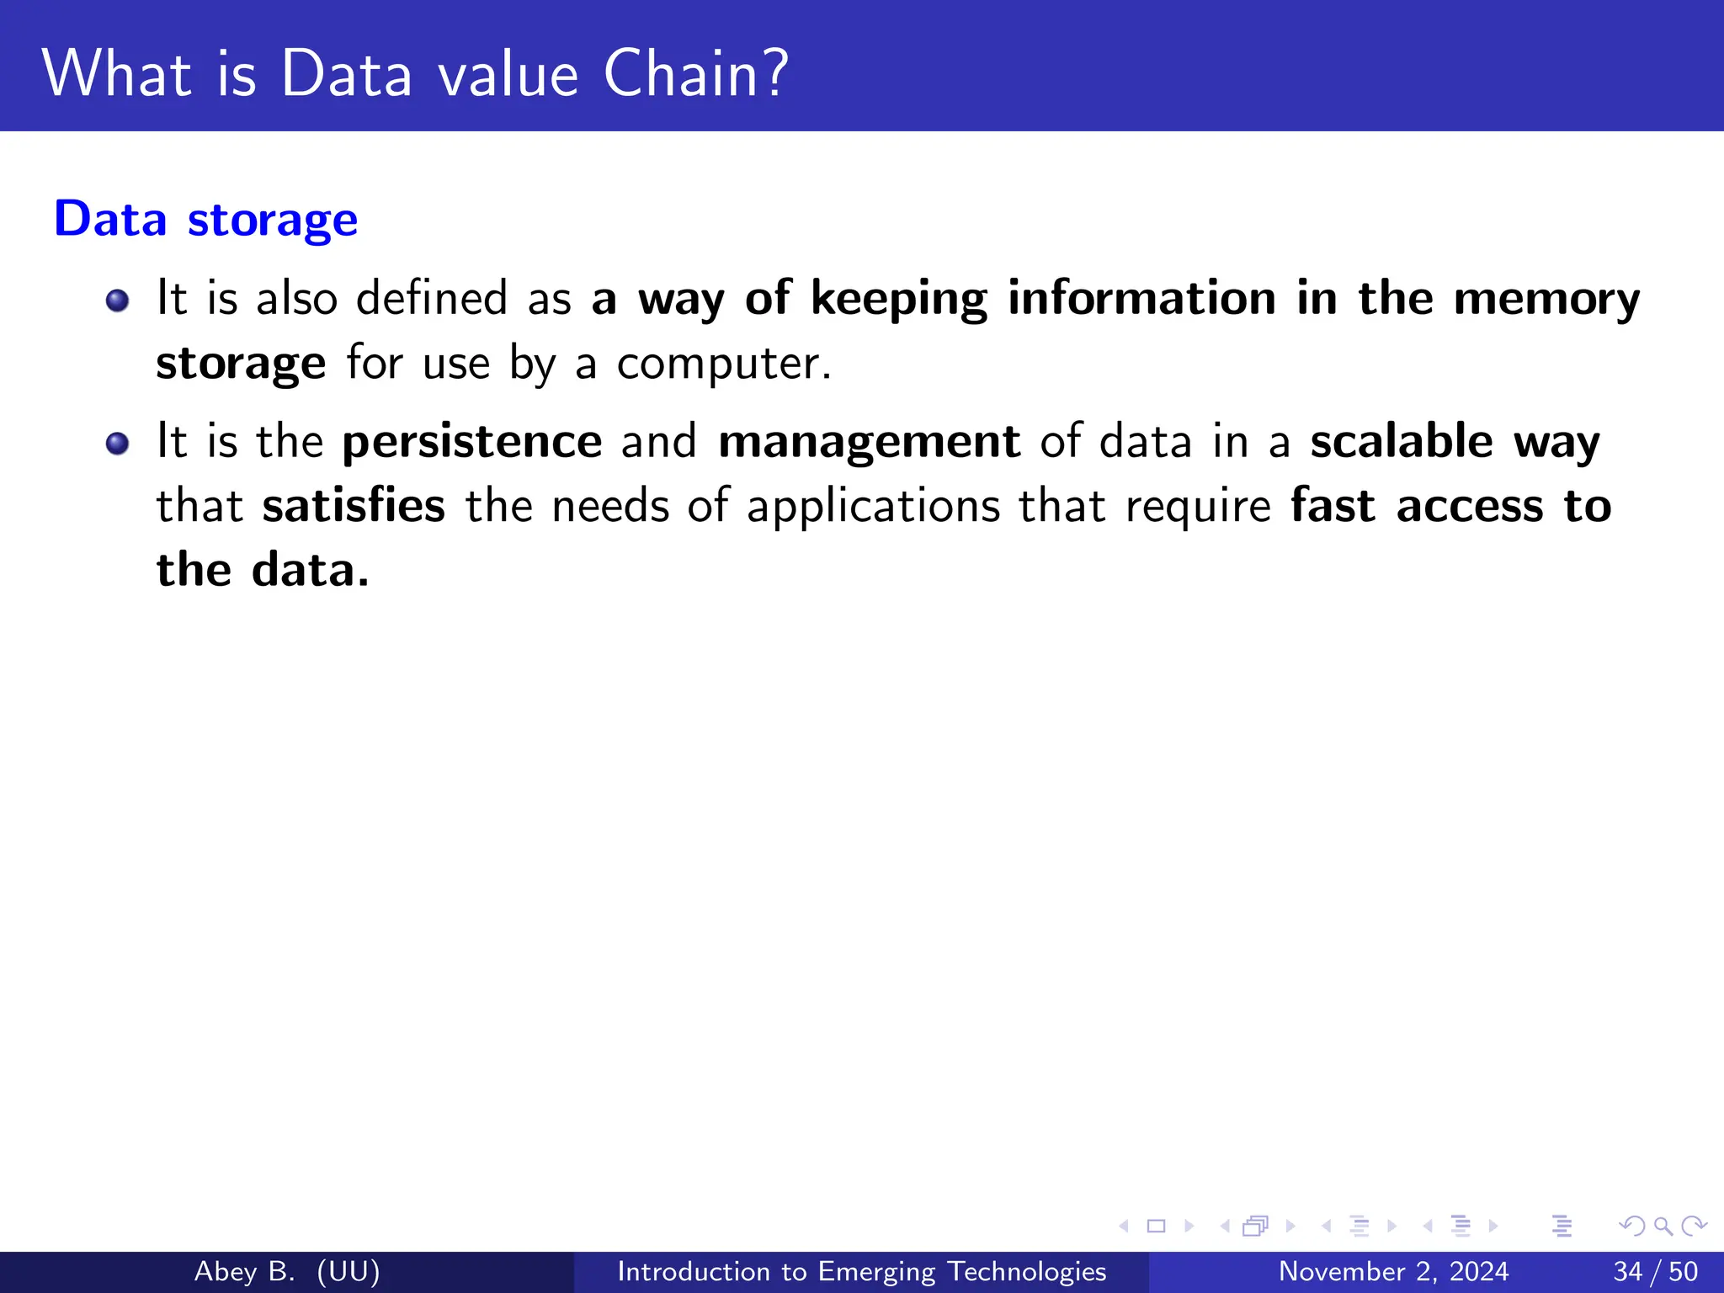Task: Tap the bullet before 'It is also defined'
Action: click(118, 301)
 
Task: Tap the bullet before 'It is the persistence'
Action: click(118, 444)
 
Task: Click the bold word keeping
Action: click(899, 299)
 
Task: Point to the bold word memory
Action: click(1546, 299)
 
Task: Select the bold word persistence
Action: click(472, 442)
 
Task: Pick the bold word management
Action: click(869, 442)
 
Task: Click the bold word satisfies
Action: click(354, 506)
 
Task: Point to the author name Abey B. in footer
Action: click(244, 1271)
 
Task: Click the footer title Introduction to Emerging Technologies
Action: click(861, 1271)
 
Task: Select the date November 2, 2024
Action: click(1393, 1271)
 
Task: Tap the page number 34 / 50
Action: click(1655, 1271)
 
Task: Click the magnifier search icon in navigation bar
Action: click(1663, 1226)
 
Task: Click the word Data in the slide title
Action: click(346, 73)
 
